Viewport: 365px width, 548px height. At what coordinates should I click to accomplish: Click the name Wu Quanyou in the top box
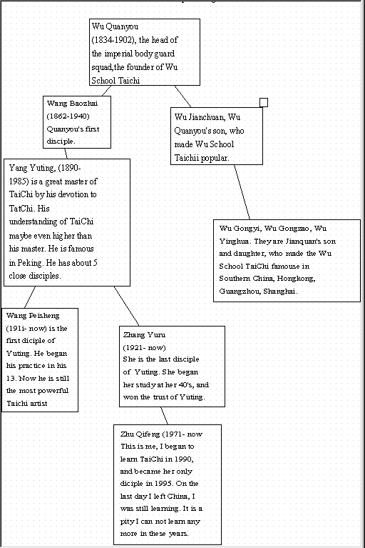coord(115,26)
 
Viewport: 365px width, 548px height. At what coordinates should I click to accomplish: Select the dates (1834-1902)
coord(113,40)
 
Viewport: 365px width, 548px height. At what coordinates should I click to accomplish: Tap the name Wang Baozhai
coord(72,103)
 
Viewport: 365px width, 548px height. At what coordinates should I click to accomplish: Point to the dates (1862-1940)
coord(68,116)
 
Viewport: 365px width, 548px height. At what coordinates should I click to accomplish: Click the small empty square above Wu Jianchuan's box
coord(264,102)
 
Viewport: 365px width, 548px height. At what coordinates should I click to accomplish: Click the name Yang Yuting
coord(32,168)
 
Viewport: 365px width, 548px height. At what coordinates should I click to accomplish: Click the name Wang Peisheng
coord(33,316)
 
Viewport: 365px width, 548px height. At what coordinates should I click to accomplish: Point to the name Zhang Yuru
coord(144,335)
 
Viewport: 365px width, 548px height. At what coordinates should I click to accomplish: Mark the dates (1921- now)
coord(144,348)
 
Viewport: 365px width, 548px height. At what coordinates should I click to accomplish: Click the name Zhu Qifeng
coord(140,434)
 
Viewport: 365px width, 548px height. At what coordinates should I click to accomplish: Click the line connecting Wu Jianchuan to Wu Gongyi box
coord(242,192)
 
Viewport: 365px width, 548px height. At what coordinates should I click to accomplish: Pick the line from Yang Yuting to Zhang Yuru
coord(126,307)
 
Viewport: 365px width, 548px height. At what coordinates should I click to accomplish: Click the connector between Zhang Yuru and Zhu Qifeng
coord(164,416)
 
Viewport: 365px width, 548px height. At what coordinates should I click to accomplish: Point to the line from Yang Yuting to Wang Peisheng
coord(30,297)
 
